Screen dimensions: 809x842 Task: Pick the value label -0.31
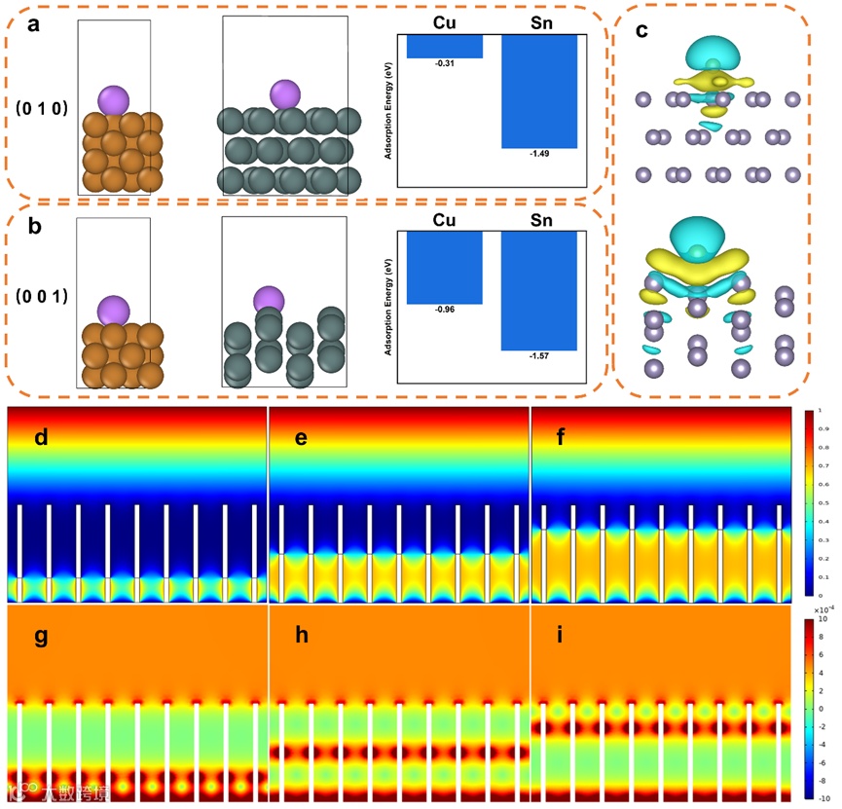tap(444, 64)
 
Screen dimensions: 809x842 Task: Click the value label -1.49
tap(538, 154)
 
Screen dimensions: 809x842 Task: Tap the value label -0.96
tap(444, 310)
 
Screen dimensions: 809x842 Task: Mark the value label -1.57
tap(538, 357)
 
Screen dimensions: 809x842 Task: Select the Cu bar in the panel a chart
tap(445, 46)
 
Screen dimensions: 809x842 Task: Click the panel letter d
tap(41, 437)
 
